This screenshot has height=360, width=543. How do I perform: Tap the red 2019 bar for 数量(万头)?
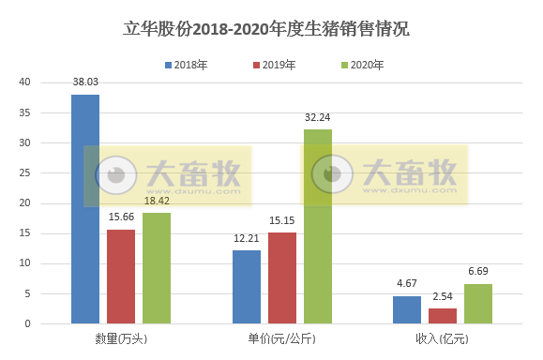[121, 277]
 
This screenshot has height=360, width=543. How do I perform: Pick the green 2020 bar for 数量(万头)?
[157, 268]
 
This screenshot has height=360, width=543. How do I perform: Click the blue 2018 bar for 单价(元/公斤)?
[247, 287]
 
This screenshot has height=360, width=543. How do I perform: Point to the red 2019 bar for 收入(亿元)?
[443, 316]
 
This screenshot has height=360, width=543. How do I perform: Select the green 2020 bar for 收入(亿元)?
[478, 304]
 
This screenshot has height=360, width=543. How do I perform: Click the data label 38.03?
[85, 84]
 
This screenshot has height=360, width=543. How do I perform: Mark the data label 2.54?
[443, 298]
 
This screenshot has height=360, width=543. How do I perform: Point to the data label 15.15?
[282, 222]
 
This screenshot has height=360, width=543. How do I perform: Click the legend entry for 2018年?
[189, 65]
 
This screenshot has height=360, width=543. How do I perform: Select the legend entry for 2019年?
[275, 65]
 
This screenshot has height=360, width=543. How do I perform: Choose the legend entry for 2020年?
[361, 65]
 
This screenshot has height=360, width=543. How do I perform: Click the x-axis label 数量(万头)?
[121, 337]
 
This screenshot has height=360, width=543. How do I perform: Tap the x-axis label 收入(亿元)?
[443, 337]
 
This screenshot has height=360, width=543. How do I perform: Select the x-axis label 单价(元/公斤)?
[282, 337]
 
